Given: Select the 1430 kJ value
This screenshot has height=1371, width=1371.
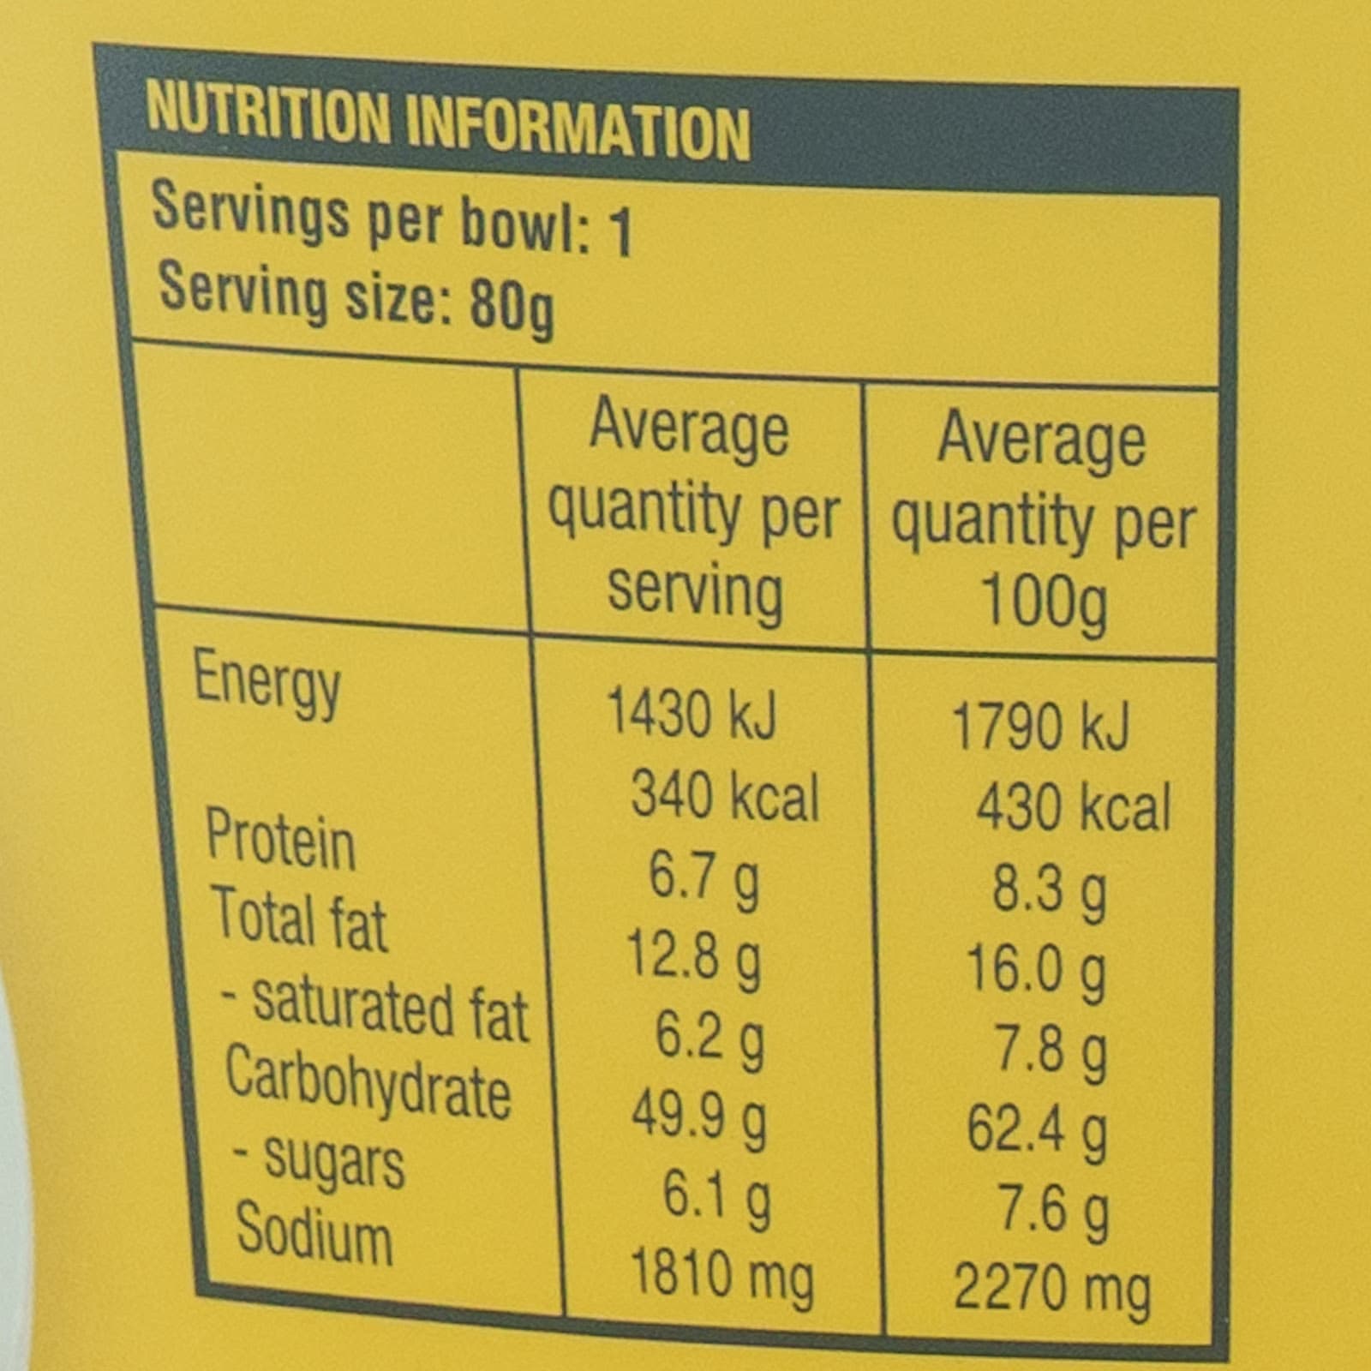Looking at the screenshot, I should [691, 713].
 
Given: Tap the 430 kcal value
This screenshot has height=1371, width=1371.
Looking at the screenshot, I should [1073, 807].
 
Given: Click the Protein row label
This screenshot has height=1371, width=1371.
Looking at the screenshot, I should [280, 839].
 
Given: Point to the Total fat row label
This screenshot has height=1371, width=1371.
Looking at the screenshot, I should [299, 919].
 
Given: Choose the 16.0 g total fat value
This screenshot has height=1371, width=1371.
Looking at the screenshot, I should [1036, 970].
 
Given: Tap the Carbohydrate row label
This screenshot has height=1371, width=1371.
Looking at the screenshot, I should [368, 1083].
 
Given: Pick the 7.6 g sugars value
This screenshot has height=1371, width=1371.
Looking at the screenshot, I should [1053, 1210].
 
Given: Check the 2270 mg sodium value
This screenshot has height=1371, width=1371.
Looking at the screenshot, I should [1051, 1289].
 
